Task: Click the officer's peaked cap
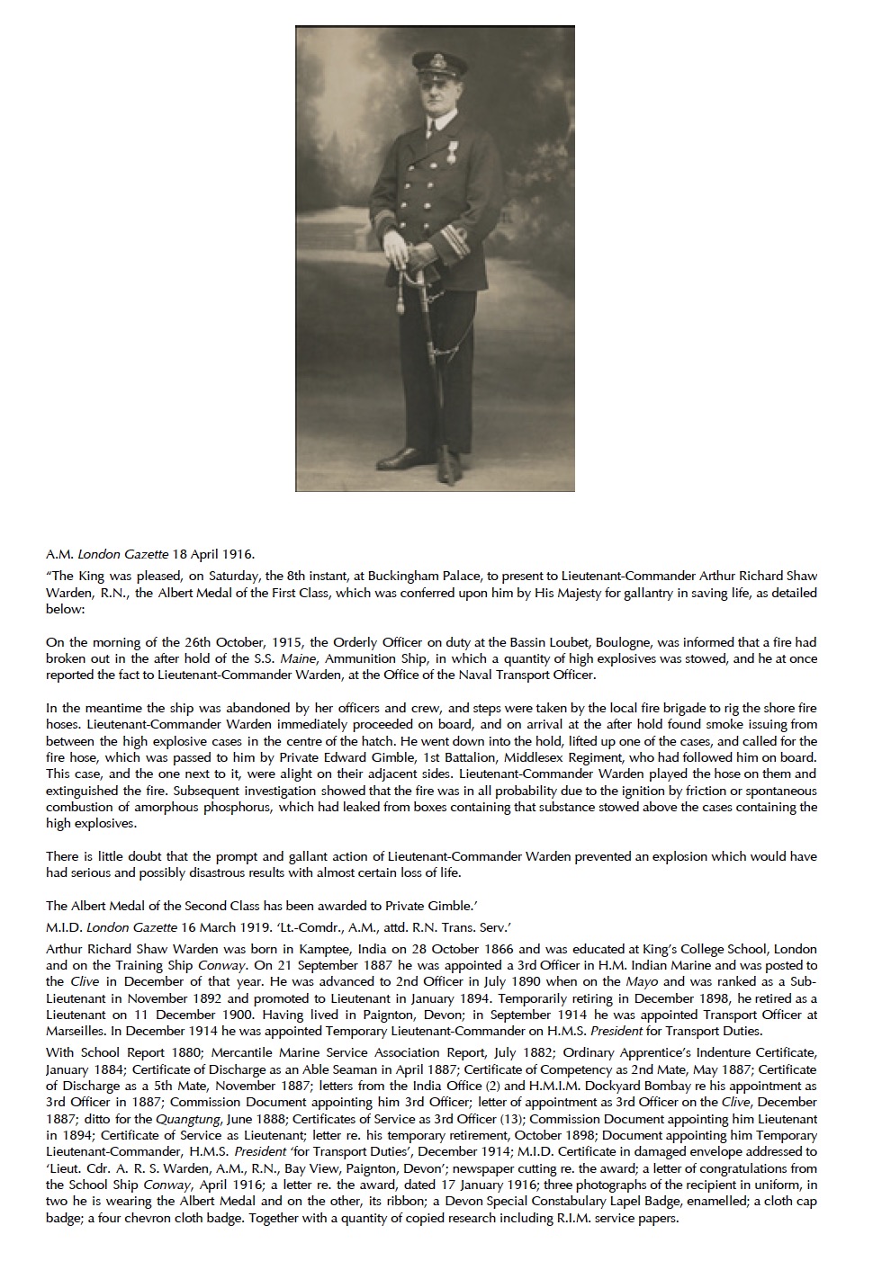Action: click(x=439, y=64)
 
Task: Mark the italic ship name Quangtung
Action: click(x=187, y=1119)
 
